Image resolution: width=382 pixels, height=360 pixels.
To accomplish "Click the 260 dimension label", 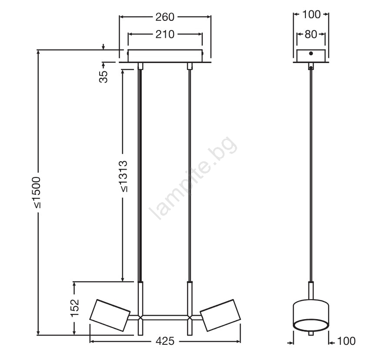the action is coord(165,17).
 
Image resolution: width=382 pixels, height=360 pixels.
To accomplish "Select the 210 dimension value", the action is coord(165,34).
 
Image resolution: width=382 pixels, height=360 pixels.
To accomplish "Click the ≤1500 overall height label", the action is coord(37,193).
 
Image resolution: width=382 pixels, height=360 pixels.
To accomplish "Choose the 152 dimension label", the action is coord(75,308).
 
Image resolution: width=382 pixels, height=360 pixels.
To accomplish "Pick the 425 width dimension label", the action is coord(165,341).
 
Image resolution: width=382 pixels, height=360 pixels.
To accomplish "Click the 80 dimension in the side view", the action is coord(311,34).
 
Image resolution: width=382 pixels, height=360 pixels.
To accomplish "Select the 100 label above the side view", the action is coord(311,15).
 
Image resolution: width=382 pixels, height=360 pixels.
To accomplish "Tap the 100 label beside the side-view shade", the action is coord(346,341).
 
